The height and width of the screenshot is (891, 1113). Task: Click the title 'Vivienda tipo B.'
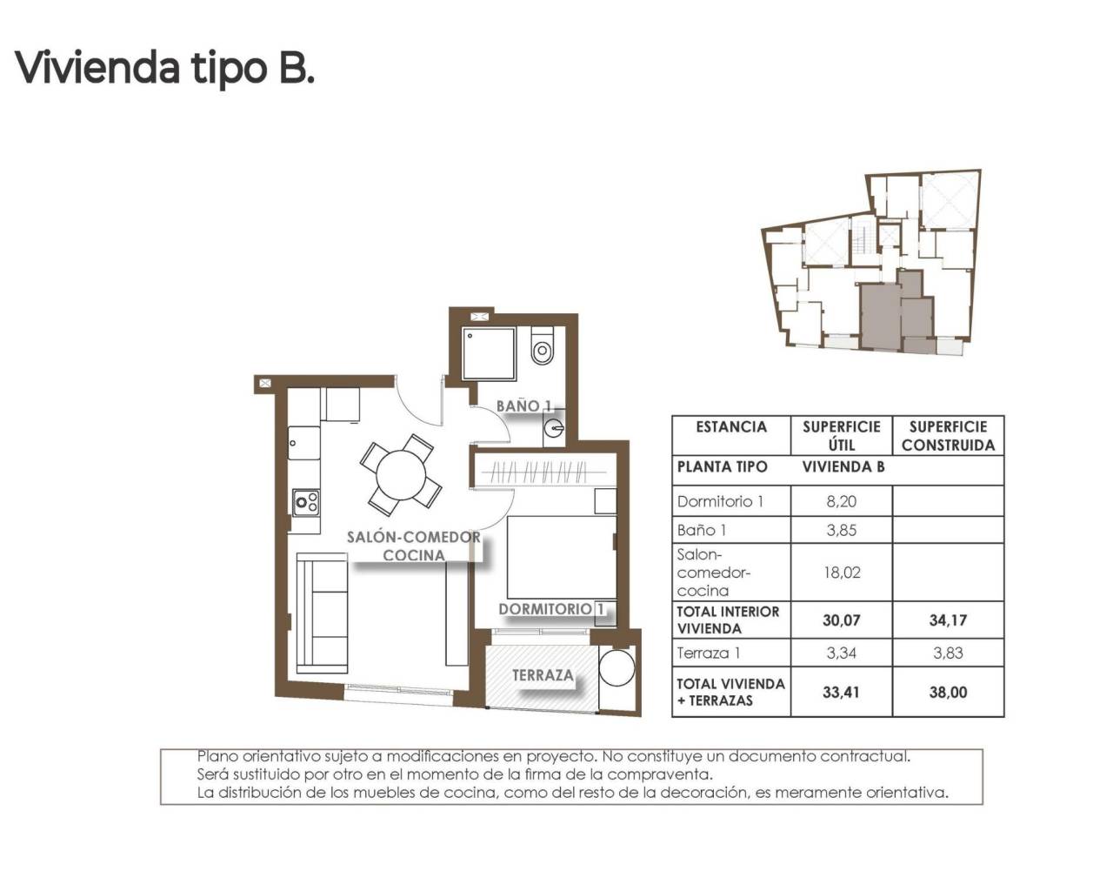pyautogui.click(x=164, y=68)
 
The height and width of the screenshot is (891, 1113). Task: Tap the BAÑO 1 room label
pyautogui.click(x=524, y=405)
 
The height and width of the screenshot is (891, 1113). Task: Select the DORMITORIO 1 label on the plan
pyautogui.click(x=551, y=609)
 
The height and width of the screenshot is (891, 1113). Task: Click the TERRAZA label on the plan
pyautogui.click(x=543, y=675)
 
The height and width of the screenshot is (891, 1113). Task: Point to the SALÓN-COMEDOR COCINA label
pyautogui.click(x=414, y=546)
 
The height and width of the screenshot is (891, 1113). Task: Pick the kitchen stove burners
pyautogui.click(x=306, y=501)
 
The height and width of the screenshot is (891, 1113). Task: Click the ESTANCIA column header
pyautogui.click(x=731, y=427)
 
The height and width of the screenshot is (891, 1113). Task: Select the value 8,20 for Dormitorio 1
pyautogui.click(x=841, y=501)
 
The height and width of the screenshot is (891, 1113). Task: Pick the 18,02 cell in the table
pyautogui.click(x=841, y=573)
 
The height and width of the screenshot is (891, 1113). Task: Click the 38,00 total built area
pyautogui.click(x=948, y=693)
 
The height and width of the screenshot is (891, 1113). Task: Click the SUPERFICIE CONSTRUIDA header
pyautogui.click(x=948, y=436)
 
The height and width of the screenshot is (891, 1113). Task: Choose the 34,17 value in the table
pyautogui.click(x=948, y=620)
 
